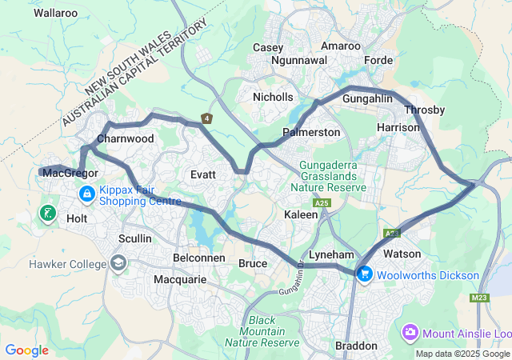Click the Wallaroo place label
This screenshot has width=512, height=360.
pyautogui.click(x=56, y=13)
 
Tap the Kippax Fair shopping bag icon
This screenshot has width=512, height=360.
pyautogui.click(x=86, y=194)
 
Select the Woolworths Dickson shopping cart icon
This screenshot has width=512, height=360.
pyautogui.click(x=365, y=274)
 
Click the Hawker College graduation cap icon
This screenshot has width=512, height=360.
pyautogui.click(x=118, y=264)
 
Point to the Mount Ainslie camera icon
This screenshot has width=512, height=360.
pyautogui.click(x=410, y=330)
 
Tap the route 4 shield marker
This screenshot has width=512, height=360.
pyautogui.click(x=207, y=118)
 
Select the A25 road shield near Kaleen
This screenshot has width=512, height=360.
pyautogui.click(x=322, y=205)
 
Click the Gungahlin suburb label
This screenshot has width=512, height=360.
pyautogui.click(x=367, y=98)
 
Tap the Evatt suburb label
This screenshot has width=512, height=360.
pyautogui.click(x=205, y=174)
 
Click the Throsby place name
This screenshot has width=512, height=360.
pyautogui.click(x=423, y=110)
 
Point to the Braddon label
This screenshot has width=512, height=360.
pyautogui.click(x=356, y=346)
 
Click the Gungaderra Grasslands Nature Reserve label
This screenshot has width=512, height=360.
pyautogui.click(x=333, y=177)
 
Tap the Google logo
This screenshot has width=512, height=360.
pyautogui.click(x=26, y=350)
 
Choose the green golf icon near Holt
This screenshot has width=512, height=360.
pyautogui.click(x=48, y=213)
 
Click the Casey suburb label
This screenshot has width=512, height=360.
pyautogui.click(x=268, y=47)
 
